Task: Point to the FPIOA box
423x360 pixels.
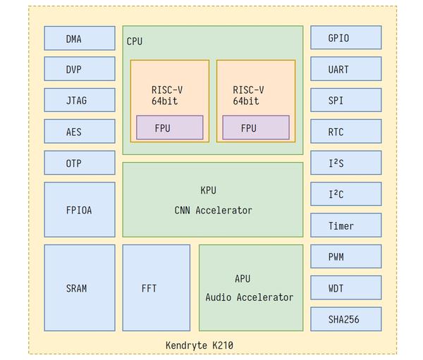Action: pos(79,209)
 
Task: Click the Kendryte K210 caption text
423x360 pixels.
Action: pos(199,345)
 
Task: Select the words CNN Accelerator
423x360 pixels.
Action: pos(213,210)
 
